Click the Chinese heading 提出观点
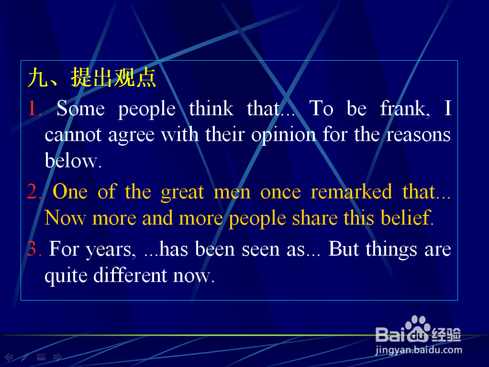[113, 77]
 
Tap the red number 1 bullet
[34, 108]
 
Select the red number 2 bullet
[34, 191]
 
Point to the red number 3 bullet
[34, 249]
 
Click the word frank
[405, 108]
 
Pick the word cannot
[73, 135]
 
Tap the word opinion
[284, 135]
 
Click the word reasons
[419, 135]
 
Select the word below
[73, 160]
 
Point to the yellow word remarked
[351, 191]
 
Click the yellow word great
[182, 192]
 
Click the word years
[111, 250]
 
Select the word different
[131, 275]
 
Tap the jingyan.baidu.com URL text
[419, 350]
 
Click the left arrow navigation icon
[9, 357]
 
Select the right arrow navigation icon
[58, 357]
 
